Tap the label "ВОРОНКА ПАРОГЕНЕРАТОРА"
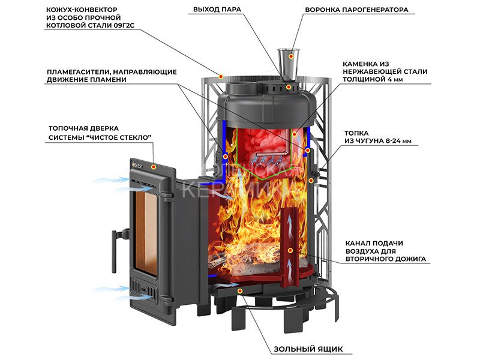pos(356,10)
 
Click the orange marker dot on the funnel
pos(292,57)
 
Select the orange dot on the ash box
pos(240,291)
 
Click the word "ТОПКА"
pos(356,132)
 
